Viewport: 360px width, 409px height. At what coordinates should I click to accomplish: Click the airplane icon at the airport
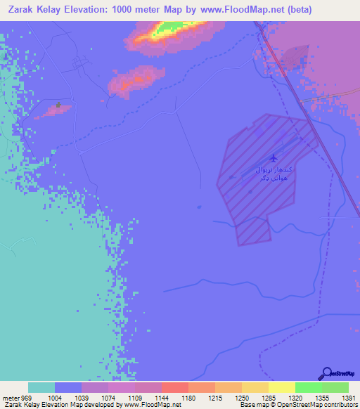tap(272, 159)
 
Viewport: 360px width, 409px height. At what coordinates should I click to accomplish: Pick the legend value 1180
tap(188, 398)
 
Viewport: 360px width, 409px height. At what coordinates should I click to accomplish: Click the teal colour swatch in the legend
tap(41, 387)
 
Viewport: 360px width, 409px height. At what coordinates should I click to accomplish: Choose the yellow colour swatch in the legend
tap(281, 387)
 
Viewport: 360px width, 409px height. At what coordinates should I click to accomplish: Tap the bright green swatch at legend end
tap(335, 387)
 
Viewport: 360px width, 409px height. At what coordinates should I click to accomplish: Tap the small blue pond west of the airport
tap(199, 207)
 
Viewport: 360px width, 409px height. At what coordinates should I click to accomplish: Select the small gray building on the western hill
tap(58, 107)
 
